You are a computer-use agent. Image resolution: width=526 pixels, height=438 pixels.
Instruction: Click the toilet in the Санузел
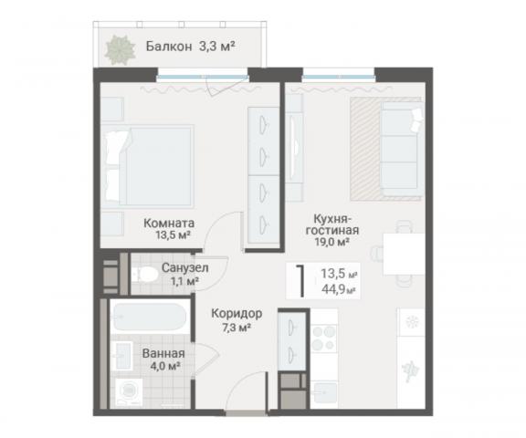coord(143,275)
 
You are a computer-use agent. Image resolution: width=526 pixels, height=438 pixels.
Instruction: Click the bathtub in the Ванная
coord(149,320)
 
